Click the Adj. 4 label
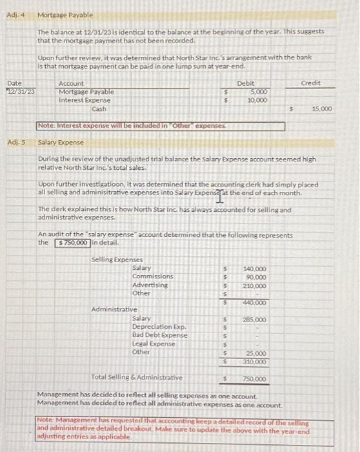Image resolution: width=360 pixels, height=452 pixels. [14, 14]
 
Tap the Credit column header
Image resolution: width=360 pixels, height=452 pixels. [311, 83]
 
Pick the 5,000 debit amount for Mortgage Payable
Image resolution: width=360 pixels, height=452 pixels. [259, 92]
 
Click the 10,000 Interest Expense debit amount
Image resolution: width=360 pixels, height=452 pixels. [258, 100]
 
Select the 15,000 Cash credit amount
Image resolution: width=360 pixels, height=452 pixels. [321, 109]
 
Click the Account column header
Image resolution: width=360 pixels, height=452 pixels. [71, 83]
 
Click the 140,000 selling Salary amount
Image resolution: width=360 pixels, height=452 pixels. [255, 269]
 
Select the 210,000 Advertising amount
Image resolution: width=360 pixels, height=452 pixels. [255, 285]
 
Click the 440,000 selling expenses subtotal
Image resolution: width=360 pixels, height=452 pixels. [255, 302]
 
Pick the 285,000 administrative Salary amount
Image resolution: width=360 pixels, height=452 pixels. [255, 320]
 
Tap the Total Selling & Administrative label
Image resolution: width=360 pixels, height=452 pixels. [137, 378]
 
